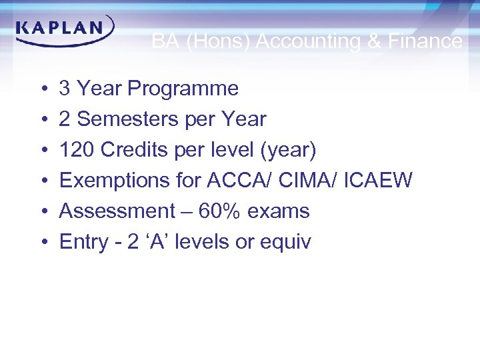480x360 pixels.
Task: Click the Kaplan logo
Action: pyautogui.click(x=64, y=31)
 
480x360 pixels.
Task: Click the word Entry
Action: pyautogui.click(x=80, y=242)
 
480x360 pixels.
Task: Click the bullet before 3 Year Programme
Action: pyautogui.click(x=41, y=89)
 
